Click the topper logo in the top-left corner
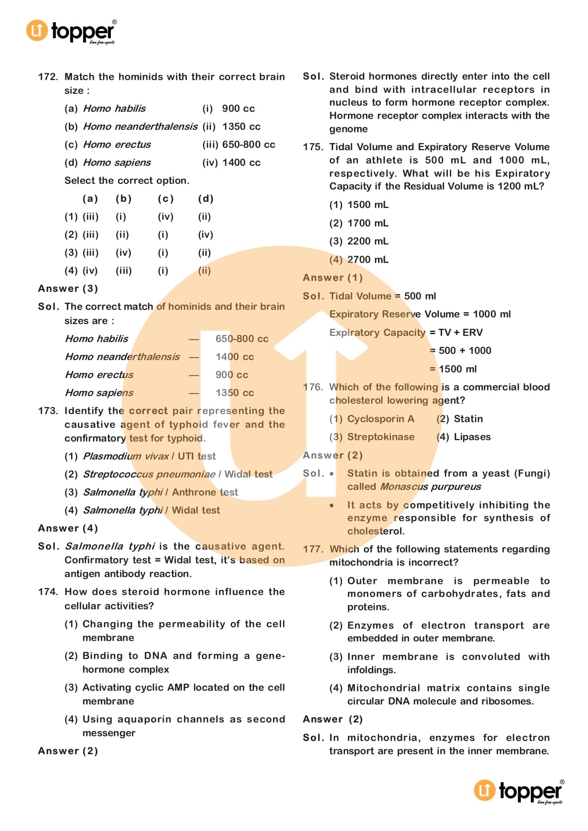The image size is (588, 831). (x=71, y=31)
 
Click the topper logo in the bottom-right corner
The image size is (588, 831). (x=519, y=791)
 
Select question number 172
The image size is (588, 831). (x=48, y=77)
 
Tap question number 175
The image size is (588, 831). (x=313, y=147)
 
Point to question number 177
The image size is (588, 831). (x=313, y=549)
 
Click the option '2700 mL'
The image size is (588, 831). (x=368, y=260)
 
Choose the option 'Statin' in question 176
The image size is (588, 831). (x=468, y=419)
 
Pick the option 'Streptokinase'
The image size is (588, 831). (x=380, y=437)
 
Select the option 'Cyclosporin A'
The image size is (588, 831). (x=380, y=419)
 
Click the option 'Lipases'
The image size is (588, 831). (x=472, y=437)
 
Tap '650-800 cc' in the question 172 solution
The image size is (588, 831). (x=242, y=339)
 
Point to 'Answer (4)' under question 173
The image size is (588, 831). (x=68, y=528)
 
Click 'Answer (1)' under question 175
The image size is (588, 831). (x=333, y=278)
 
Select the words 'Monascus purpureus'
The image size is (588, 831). (x=430, y=487)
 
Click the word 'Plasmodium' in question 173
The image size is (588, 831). (x=112, y=456)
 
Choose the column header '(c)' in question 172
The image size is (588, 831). (x=165, y=199)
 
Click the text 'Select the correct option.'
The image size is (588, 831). (x=127, y=181)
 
